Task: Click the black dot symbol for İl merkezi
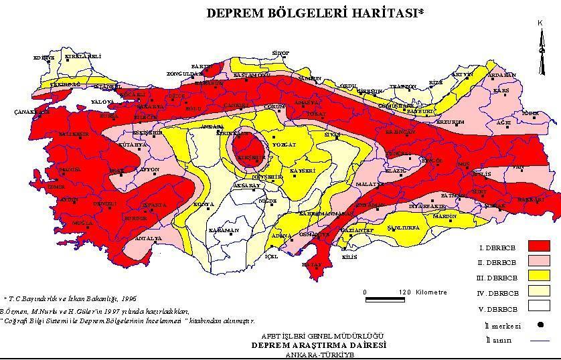(x=539, y=325)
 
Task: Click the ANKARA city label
(x=212, y=126)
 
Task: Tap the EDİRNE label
(x=44, y=58)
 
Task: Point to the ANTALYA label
(x=149, y=238)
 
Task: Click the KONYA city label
(x=204, y=204)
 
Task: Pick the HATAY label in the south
(x=313, y=264)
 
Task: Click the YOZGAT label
(x=283, y=144)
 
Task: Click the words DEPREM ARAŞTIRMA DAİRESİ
(x=318, y=345)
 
